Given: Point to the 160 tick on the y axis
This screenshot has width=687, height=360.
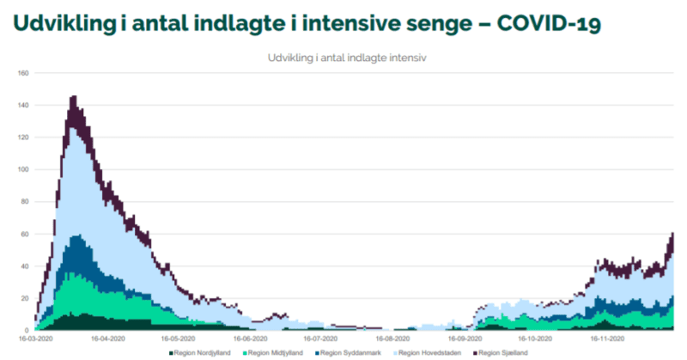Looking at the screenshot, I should click(x=23, y=73).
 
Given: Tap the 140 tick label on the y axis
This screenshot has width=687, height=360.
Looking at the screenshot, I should click(x=23, y=106).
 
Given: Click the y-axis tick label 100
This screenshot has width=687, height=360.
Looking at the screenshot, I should click(x=23, y=170).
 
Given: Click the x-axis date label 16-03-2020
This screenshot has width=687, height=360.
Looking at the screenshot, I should click(x=35, y=339).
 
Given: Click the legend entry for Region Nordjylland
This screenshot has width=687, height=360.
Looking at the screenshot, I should click(x=199, y=352).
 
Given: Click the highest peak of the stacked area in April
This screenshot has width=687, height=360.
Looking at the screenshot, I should click(x=73, y=98).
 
